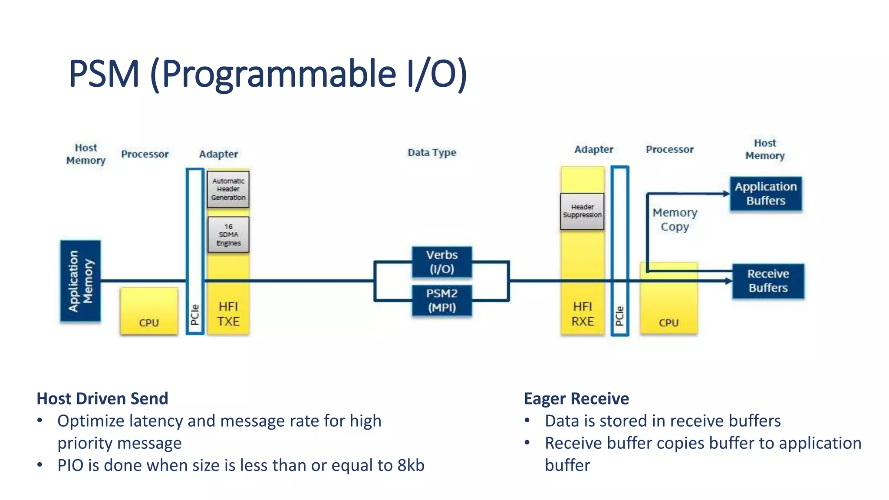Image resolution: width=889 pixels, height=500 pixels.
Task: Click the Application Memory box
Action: [x=80, y=281]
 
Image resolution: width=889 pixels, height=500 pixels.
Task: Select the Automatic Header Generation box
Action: [x=228, y=189]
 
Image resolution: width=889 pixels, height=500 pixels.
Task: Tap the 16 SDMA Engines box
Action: [x=228, y=235]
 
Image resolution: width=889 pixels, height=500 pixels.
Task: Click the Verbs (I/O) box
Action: [x=441, y=262]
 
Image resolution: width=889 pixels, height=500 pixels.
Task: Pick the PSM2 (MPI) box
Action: [x=441, y=300]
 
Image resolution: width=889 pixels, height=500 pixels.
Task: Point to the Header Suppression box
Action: [x=582, y=211]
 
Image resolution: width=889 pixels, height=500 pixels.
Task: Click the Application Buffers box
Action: [x=766, y=194]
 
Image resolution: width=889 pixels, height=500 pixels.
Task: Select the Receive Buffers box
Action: [x=768, y=281]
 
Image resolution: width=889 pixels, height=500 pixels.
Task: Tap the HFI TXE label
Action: [x=228, y=314]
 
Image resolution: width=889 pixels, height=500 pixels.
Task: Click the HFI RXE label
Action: [x=582, y=314]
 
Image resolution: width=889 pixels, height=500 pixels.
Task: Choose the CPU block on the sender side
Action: [x=149, y=311]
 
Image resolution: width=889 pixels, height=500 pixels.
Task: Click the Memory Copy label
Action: [x=675, y=220]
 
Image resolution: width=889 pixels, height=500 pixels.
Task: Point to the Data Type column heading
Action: [x=431, y=152]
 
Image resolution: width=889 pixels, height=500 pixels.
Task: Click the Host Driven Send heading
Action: [x=102, y=398]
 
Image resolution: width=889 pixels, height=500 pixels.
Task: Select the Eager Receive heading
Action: [x=576, y=398]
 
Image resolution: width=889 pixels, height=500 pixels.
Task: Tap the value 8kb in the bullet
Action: [x=411, y=465]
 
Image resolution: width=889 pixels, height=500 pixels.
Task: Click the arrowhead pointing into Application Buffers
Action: [x=726, y=194]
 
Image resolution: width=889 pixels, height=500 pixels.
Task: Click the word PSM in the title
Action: [x=104, y=74]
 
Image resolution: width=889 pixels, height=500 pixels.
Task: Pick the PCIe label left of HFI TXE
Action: [x=195, y=315]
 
